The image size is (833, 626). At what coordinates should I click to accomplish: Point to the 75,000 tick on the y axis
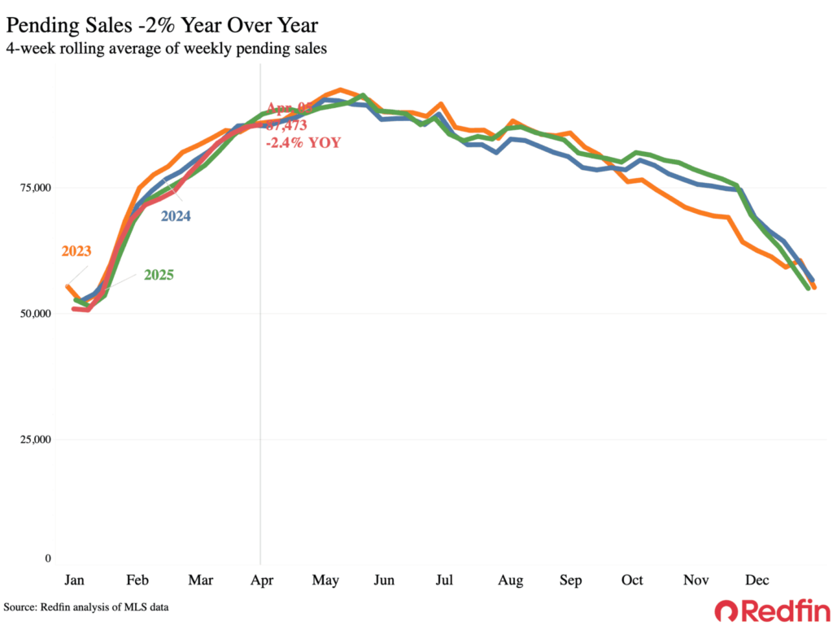pyautogui.click(x=36, y=188)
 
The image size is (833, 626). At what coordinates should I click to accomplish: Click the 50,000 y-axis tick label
pyautogui.click(x=36, y=314)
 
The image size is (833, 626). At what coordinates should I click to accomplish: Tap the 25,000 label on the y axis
pyautogui.click(x=36, y=440)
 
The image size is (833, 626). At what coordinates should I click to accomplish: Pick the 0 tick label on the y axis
pyautogui.click(x=47, y=559)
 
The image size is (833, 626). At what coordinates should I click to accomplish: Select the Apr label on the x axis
pyautogui.click(x=260, y=580)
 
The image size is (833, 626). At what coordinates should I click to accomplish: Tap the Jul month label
pyautogui.click(x=444, y=580)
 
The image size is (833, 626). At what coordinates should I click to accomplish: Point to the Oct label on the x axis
pyautogui.click(x=632, y=580)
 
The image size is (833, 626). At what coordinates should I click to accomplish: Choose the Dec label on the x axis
pyautogui.click(x=758, y=580)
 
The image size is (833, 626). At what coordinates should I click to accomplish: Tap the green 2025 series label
pyautogui.click(x=158, y=275)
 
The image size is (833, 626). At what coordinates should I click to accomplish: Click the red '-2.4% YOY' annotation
pyautogui.click(x=303, y=142)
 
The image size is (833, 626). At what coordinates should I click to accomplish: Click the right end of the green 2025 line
pyautogui.click(x=808, y=288)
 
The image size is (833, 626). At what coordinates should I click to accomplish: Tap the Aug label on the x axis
pyautogui.click(x=510, y=580)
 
